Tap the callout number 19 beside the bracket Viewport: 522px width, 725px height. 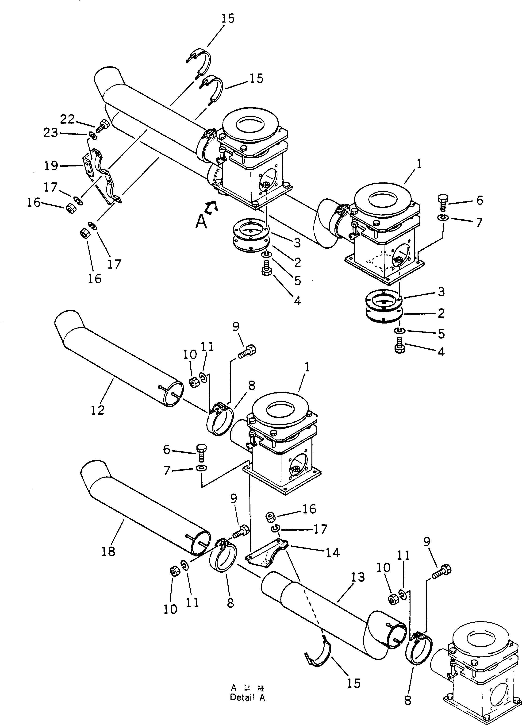click(x=51, y=165)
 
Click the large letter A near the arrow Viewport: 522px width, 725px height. click(x=201, y=222)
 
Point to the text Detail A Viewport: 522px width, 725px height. click(x=247, y=698)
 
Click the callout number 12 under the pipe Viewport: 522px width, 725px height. click(x=97, y=410)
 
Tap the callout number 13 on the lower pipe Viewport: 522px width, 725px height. click(x=358, y=577)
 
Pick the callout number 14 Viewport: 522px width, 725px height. click(x=332, y=552)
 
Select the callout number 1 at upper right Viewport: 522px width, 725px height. click(x=419, y=164)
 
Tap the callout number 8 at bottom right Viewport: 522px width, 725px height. click(x=407, y=699)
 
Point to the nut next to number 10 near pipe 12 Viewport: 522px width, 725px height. click(x=193, y=382)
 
